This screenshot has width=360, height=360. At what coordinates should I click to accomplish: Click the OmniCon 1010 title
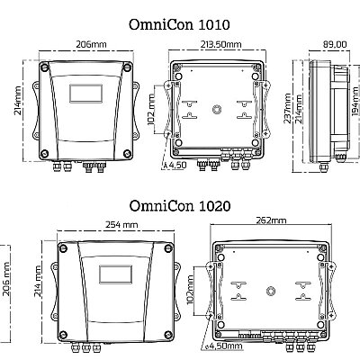point(179,24)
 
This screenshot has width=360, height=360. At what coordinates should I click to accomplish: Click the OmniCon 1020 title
point(180,206)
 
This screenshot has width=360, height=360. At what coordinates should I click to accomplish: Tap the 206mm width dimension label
point(91,44)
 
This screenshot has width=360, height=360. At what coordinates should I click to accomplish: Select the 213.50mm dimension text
point(221,44)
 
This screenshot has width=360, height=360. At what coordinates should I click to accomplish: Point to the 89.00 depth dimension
point(335,44)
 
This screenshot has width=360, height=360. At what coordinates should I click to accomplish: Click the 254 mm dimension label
point(121,224)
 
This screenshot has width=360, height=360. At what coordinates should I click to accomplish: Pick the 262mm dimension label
point(271,220)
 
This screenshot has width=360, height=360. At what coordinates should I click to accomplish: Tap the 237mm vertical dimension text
point(287,108)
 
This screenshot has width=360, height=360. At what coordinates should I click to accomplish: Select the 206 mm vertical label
point(6,279)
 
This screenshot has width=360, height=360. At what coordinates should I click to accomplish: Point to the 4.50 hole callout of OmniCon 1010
point(175,165)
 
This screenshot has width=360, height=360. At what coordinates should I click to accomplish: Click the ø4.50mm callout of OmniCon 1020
point(223,346)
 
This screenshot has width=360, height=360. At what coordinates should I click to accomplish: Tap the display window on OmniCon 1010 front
point(85,94)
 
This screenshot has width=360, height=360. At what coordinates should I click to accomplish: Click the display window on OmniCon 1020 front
point(115,274)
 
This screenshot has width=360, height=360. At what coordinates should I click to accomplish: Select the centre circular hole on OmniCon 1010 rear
point(217,109)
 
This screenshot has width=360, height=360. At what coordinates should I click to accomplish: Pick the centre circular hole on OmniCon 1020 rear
point(271,291)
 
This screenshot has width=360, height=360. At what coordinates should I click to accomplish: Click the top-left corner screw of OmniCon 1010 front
point(44,67)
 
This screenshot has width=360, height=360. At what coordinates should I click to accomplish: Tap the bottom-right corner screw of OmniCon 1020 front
point(168,335)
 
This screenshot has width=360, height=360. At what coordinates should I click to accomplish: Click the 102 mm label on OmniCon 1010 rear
point(151,109)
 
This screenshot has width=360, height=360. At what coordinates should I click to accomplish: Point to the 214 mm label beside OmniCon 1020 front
point(38,282)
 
